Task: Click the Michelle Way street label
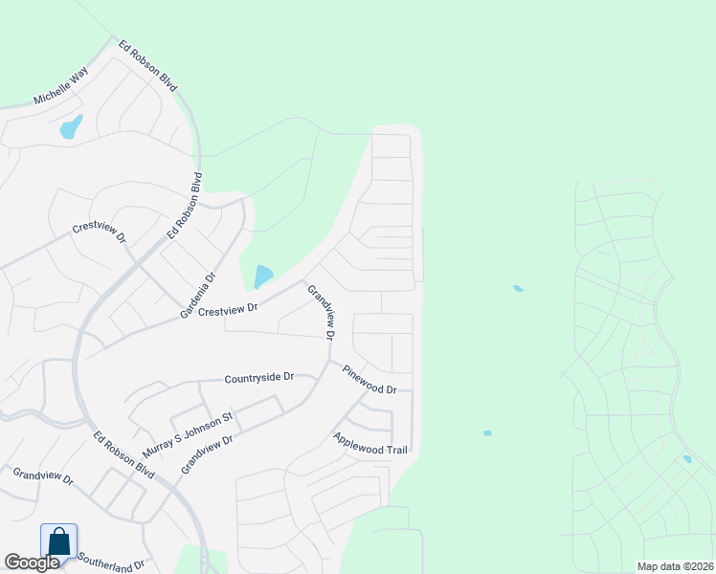[x=60, y=85]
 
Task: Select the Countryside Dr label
[x=258, y=378]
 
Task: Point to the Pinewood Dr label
[x=369, y=378]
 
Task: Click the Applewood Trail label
[x=370, y=444]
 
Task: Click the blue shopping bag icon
[x=58, y=541]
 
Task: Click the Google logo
[x=32, y=563]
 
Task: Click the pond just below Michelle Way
[x=71, y=126]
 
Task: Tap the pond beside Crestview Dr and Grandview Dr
[x=263, y=276]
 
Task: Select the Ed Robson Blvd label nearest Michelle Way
[x=149, y=66]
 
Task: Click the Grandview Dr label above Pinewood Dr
[x=321, y=312]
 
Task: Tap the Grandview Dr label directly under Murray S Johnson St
[x=207, y=453]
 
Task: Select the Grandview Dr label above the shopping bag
[x=42, y=475]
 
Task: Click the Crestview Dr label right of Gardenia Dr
[x=229, y=308]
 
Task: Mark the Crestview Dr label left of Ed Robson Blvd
[x=100, y=234]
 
